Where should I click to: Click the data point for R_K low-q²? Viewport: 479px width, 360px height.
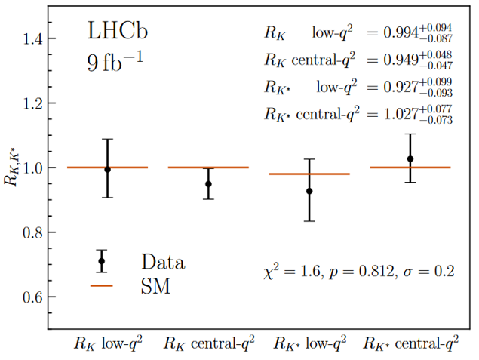tap(107, 169)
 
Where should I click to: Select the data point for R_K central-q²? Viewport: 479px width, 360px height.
tap(208, 183)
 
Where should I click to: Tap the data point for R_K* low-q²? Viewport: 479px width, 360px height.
tap(309, 191)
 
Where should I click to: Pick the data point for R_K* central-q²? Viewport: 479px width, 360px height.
tap(410, 158)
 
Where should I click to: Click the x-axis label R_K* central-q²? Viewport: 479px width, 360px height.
tap(410, 344)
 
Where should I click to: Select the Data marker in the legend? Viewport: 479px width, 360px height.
tap(102, 261)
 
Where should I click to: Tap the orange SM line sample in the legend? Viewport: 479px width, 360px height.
tap(102, 286)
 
